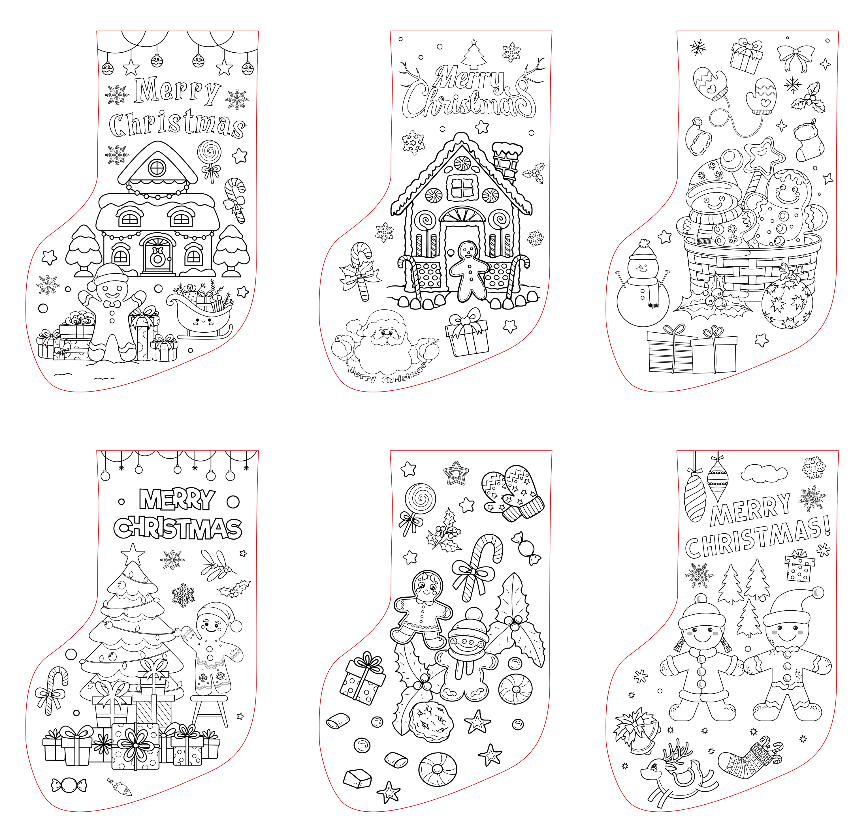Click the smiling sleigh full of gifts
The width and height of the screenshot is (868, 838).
click(x=199, y=312)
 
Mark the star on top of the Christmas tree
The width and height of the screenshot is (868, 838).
click(x=133, y=554)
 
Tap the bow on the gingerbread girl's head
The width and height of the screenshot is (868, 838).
click(x=428, y=578)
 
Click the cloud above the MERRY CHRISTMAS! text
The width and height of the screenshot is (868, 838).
click(x=764, y=473)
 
